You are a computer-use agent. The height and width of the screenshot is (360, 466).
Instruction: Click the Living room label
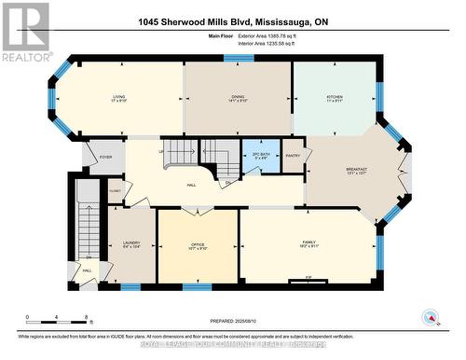(118, 97)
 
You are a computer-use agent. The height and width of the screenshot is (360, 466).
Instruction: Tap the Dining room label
(238, 97)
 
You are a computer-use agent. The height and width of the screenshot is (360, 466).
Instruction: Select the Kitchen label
(334, 97)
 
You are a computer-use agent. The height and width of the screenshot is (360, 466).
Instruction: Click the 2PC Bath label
(261, 157)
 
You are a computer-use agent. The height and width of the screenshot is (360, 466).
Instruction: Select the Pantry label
(293, 156)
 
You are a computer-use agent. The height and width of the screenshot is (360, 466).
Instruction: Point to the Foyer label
(105, 157)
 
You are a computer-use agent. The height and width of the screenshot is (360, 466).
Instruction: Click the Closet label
(115, 190)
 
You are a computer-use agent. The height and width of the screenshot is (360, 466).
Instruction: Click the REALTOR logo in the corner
(25, 32)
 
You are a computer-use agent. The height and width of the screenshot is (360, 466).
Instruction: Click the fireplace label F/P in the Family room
(308, 276)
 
